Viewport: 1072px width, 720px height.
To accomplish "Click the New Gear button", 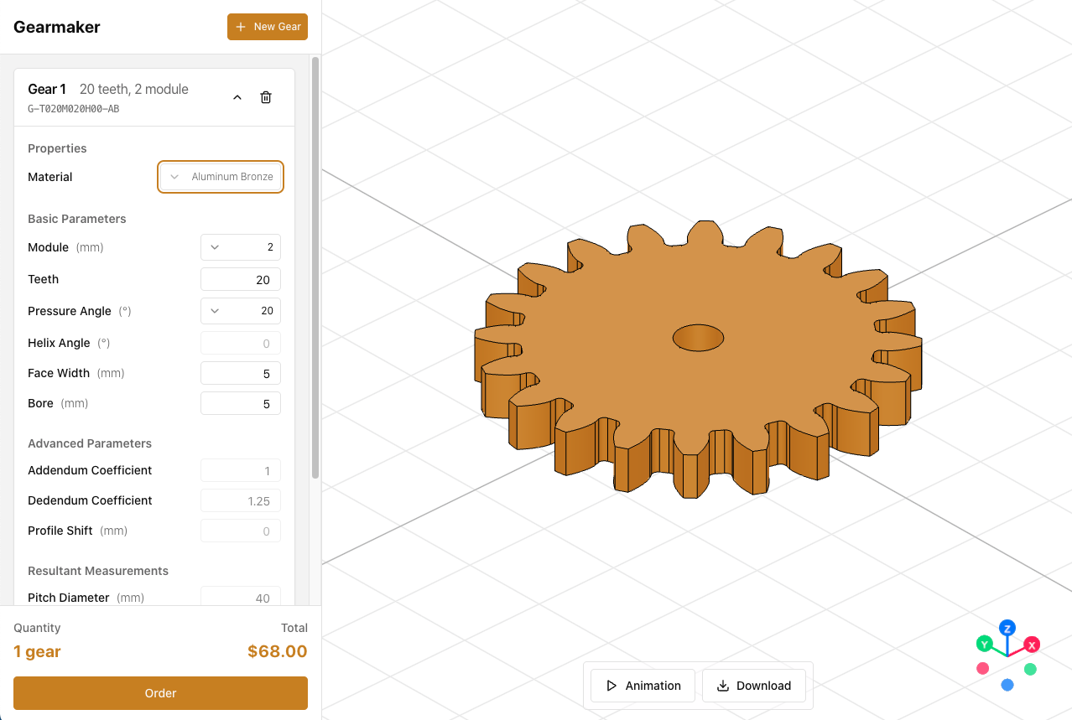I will point(268,27).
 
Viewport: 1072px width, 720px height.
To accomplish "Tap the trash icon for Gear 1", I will point(266,97).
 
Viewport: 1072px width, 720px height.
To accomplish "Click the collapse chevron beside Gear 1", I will point(237,97).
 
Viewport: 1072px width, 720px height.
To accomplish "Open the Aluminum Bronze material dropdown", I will point(221,177).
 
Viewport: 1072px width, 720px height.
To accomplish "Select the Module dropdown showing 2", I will point(241,247).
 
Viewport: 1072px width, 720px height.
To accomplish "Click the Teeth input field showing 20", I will point(241,279).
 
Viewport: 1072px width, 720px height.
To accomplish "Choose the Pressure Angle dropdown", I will point(241,311).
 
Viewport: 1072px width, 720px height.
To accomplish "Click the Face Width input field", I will point(241,373).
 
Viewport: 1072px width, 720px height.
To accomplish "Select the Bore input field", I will point(241,403).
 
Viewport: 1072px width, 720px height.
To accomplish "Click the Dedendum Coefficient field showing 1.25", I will point(241,500).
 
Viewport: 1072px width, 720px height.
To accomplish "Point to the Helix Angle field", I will point(241,343).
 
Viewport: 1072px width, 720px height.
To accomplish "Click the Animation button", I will point(643,686).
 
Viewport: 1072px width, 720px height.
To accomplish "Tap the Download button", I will point(754,686).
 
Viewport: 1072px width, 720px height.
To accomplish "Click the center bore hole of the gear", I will point(698,338).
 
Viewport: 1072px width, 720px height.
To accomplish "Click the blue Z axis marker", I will point(1007,628).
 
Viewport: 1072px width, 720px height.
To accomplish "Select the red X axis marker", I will point(1033,645).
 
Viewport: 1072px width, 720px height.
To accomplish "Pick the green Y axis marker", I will point(984,644).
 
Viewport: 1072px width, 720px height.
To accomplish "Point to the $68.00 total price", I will point(277,651).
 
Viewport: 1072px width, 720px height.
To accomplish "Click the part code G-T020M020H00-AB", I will point(74,109).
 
